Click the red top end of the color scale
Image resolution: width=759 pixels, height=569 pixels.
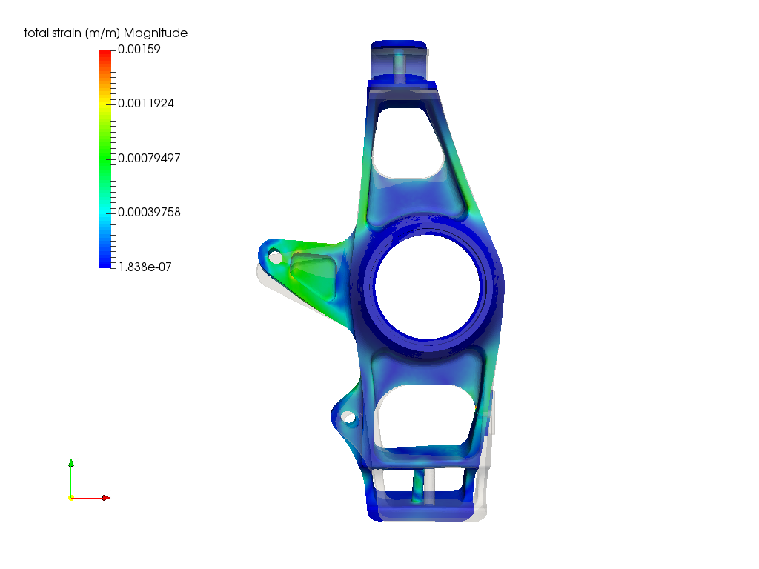105,55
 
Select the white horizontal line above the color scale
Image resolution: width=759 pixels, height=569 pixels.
144,27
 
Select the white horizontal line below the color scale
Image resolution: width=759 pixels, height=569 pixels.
144,271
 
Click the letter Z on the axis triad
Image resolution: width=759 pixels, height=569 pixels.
76,462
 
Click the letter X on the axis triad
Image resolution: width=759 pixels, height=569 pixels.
108,493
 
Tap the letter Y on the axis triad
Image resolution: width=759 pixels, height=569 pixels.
76,494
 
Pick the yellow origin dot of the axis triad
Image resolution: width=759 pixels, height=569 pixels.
71,497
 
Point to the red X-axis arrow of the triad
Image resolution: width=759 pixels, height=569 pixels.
92,498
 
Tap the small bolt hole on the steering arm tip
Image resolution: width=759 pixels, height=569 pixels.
274,257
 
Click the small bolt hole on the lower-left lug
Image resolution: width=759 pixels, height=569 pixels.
350,420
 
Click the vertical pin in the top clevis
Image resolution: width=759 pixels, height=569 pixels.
400,67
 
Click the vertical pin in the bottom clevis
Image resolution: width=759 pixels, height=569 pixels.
419,486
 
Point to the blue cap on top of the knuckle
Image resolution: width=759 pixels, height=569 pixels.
398,44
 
